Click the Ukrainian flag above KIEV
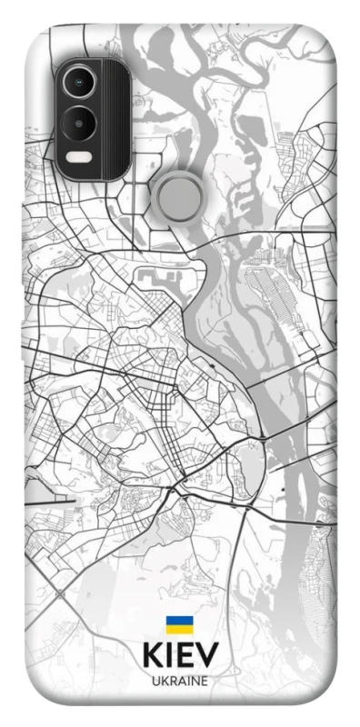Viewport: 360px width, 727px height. point(179,624)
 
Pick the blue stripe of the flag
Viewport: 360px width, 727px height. point(179,621)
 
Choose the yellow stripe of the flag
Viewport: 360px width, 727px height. point(179,629)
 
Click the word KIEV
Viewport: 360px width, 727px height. point(179,656)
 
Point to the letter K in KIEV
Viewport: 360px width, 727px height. point(151,656)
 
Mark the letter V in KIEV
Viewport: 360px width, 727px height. point(208,656)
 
